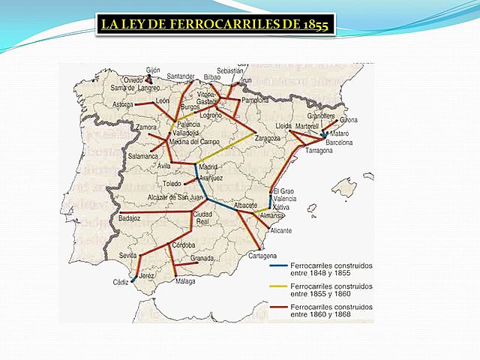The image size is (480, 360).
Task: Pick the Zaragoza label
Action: click(x=268, y=138)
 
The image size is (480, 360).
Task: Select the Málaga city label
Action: click(x=186, y=281)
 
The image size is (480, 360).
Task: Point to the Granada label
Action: click(x=203, y=258)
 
